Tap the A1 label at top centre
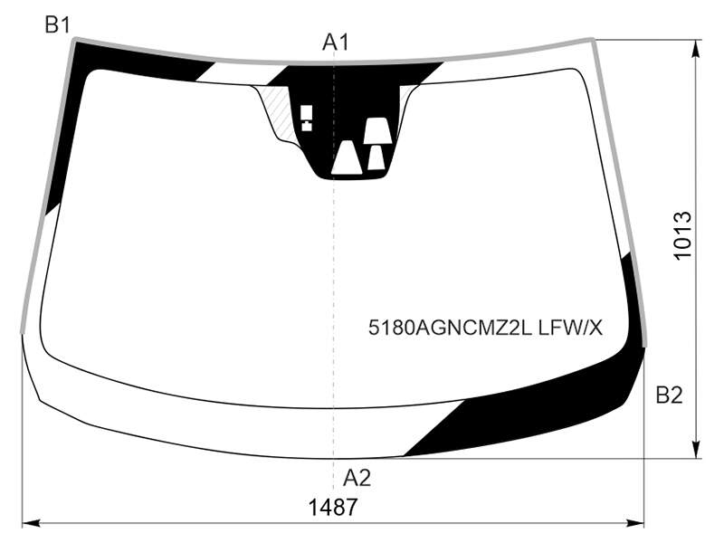click(x=336, y=42)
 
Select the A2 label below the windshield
click(x=357, y=478)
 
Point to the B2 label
click(x=669, y=395)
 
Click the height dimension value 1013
click(x=682, y=236)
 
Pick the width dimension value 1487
click(x=332, y=508)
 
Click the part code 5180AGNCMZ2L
click(x=451, y=328)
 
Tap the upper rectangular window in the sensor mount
click(x=307, y=111)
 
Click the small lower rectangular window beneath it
click(x=307, y=126)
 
